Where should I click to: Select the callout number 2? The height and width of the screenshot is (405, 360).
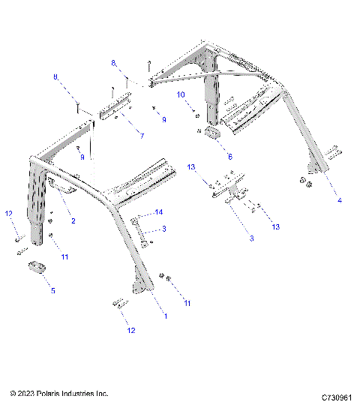pyautogui.click(x=73, y=221)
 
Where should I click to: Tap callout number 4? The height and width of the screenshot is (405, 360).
pyautogui.click(x=339, y=200)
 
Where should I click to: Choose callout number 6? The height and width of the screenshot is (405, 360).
pyautogui.click(x=229, y=157)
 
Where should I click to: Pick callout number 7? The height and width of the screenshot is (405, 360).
pyautogui.click(x=140, y=135)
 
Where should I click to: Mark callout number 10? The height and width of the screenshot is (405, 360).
pyautogui.click(x=180, y=94)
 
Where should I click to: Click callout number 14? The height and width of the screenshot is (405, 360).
pyautogui.click(x=158, y=213)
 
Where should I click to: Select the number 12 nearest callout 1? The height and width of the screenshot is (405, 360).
pyautogui.click(x=130, y=330)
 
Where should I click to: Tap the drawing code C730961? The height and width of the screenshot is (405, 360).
pyautogui.click(x=337, y=395)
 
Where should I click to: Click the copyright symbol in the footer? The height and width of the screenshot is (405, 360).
pyautogui.click(x=13, y=393)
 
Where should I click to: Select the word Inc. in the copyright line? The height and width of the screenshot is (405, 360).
pyautogui.click(x=103, y=393)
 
